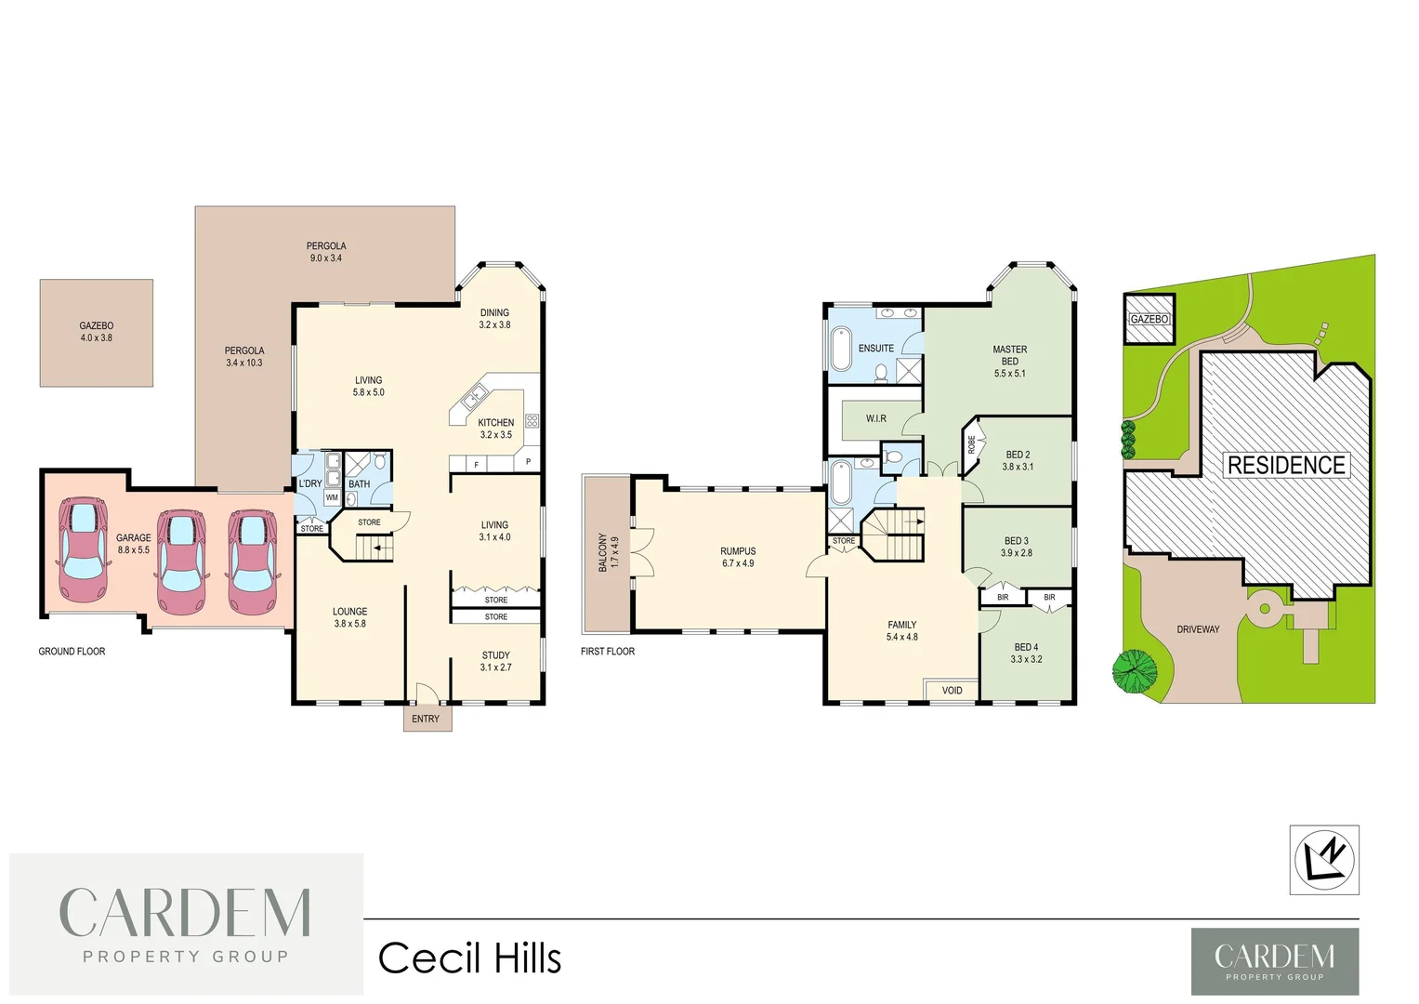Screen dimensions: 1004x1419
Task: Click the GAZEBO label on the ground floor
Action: coord(96,326)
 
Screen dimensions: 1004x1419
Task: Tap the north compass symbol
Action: coord(1324,859)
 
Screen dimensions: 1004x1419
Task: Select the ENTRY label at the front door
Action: coord(426,719)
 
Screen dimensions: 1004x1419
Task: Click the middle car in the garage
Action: coord(181,562)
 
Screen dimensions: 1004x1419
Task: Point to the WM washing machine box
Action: coord(332,497)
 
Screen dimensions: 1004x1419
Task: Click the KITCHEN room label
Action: coord(495,423)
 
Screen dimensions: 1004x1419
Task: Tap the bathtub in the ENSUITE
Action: coord(842,349)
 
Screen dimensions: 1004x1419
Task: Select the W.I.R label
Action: coord(875,419)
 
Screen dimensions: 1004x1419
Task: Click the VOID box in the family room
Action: coord(952,690)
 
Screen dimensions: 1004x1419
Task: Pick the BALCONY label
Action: coord(602,552)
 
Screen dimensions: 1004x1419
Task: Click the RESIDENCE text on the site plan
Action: coord(1286,465)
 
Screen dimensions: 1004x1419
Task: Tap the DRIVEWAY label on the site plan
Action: coord(1198,629)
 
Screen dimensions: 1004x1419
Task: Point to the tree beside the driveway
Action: coord(1136,670)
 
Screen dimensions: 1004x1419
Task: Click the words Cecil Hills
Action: coord(469,958)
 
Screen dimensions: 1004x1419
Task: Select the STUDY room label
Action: coord(495,655)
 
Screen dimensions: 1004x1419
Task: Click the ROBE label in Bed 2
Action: coord(972,445)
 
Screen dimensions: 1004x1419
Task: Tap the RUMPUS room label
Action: coord(738,551)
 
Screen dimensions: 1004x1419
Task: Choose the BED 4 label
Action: coord(1026,647)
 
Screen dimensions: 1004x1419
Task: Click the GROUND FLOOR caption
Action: coord(72,652)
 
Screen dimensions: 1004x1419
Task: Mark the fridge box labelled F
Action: coord(476,464)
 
